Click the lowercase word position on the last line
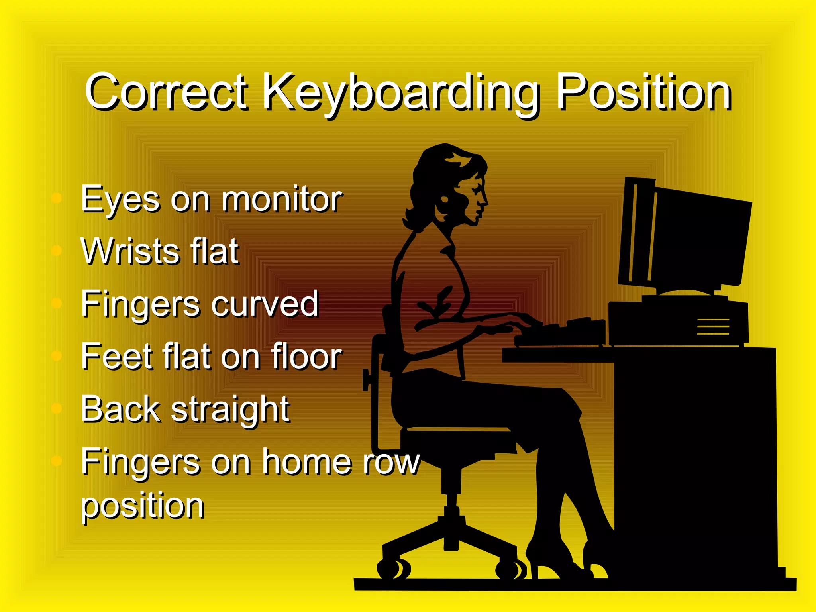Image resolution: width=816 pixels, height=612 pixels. [142, 506]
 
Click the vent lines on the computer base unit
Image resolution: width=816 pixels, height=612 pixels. [713, 327]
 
